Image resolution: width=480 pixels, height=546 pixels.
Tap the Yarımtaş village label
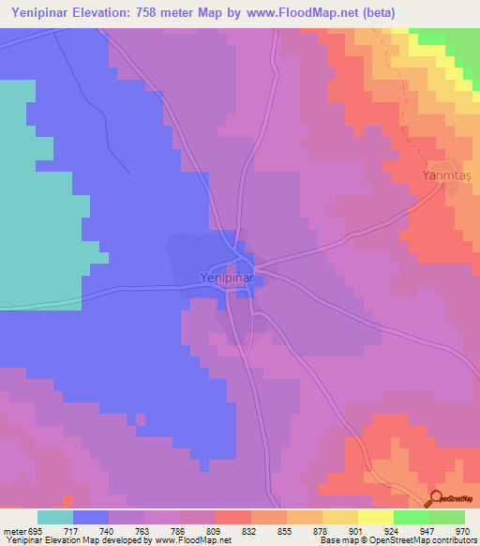(x=443, y=175)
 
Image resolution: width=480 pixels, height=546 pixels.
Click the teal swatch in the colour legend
(x=55, y=517)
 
